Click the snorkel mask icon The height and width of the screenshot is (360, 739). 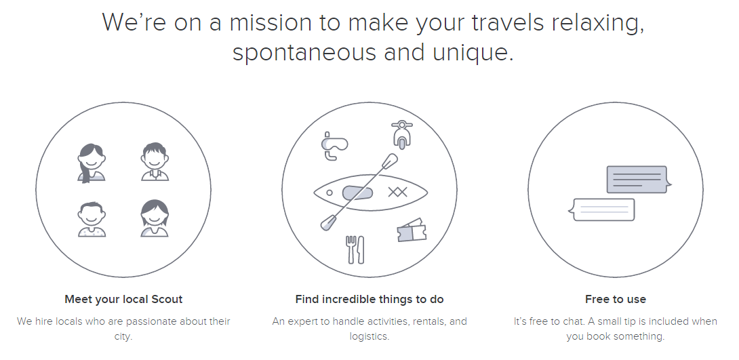point(334,146)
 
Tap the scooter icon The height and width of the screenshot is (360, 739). point(401,135)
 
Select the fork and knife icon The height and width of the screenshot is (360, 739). point(355,249)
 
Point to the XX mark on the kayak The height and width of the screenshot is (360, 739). point(397,192)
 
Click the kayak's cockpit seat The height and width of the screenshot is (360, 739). point(357,193)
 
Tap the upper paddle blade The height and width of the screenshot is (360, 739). point(389,161)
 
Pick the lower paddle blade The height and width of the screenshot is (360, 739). point(328,222)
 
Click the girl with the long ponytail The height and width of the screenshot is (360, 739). point(92,163)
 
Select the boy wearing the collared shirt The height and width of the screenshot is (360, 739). point(155,161)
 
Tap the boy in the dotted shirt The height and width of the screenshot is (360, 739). point(92,219)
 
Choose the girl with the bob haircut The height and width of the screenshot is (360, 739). point(155,218)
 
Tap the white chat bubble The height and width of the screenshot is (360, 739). point(601,209)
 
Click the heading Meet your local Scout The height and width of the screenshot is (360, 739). point(123,299)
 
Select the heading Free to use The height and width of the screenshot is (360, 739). point(616,299)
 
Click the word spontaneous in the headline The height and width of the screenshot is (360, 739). point(304,52)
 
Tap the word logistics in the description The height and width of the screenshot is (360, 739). point(369,336)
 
